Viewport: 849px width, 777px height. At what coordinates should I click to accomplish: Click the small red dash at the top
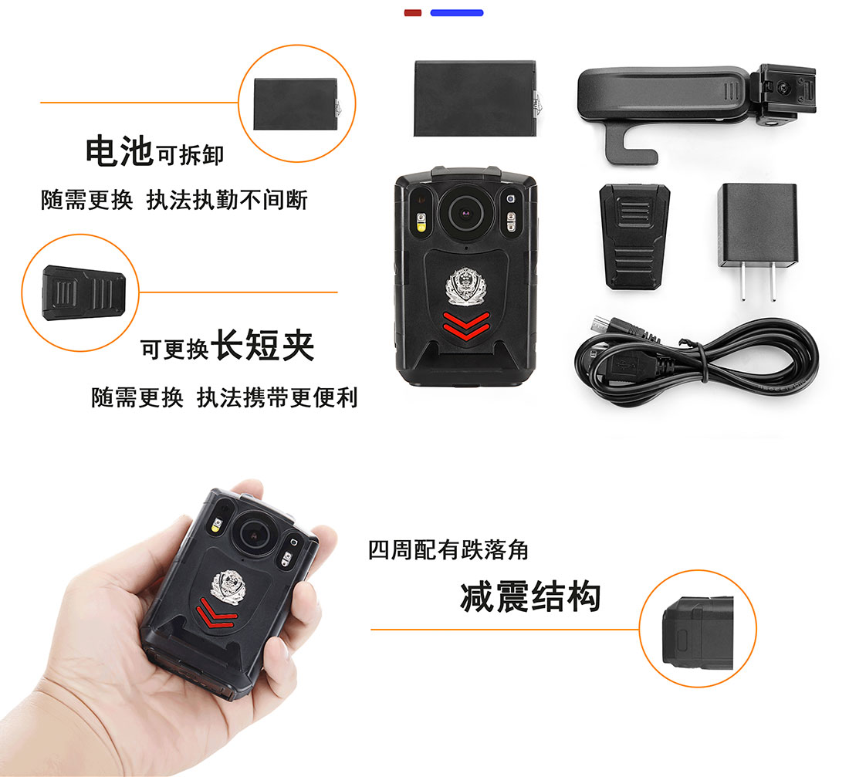[413, 12]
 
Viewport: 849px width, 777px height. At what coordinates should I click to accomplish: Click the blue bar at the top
[456, 12]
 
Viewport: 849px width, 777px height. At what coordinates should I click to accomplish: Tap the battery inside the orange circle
[296, 104]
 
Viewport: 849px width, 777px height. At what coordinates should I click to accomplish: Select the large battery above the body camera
[476, 99]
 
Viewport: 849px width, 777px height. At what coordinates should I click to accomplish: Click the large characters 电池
[119, 150]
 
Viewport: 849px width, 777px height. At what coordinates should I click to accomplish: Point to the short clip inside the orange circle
[84, 293]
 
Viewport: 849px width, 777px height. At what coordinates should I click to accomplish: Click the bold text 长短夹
[262, 345]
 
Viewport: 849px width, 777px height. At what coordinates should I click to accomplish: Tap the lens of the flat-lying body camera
[465, 211]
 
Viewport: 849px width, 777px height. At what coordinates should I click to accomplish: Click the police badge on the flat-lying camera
[465, 286]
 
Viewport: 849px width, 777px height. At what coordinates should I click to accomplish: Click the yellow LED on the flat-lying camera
[421, 222]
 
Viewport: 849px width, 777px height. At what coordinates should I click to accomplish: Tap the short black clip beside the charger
[634, 237]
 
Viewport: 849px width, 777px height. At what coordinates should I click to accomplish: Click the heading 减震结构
[531, 596]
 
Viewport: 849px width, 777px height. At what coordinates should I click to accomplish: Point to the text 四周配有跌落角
[448, 550]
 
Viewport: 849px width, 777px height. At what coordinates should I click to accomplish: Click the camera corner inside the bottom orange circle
[698, 633]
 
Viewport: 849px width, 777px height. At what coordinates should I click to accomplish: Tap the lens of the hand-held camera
[252, 535]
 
